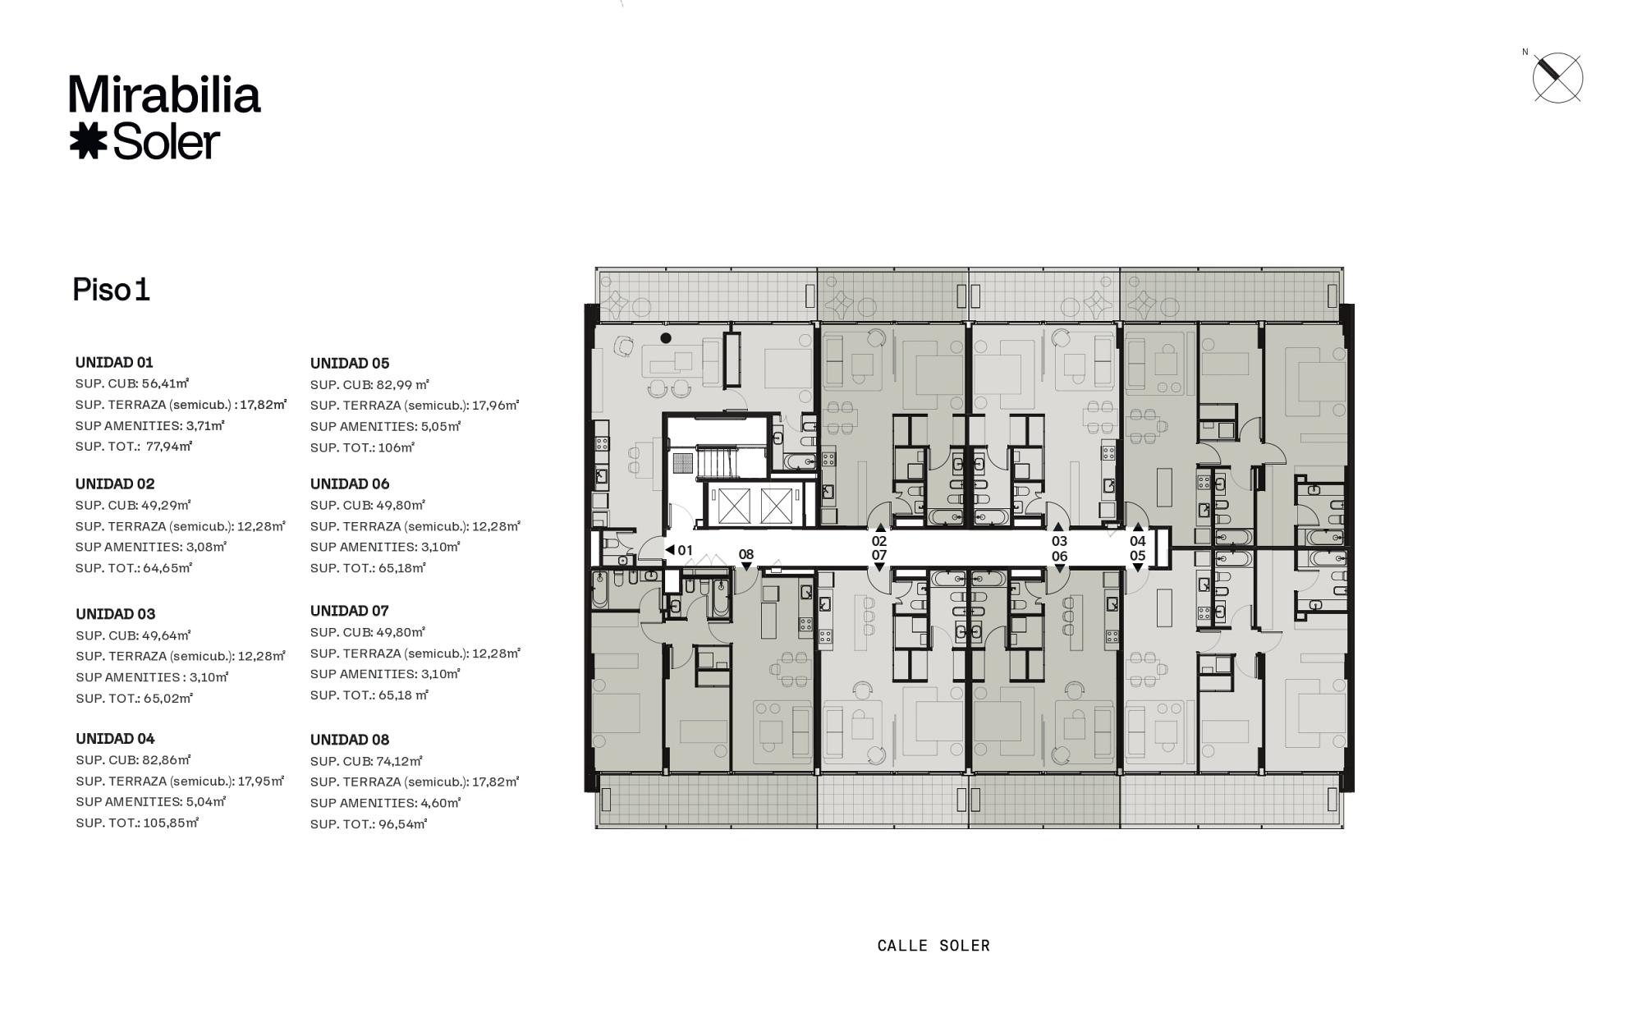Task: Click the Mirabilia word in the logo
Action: click(x=165, y=94)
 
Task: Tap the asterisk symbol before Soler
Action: click(x=88, y=141)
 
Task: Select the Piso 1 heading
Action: click(x=111, y=290)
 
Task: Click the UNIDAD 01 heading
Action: click(x=114, y=362)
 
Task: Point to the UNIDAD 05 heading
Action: click(x=350, y=363)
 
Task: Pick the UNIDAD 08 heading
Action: click(x=350, y=740)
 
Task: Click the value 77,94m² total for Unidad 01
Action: click(x=169, y=446)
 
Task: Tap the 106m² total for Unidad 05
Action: click(x=397, y=447)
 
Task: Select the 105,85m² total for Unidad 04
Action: click(x=171, y=822)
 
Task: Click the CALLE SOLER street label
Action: click(x=933, y=946)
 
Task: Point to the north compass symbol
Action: click(x=1557, y=78)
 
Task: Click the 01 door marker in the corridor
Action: click(x=679, y=550)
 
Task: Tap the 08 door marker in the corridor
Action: click(x=745, y=557)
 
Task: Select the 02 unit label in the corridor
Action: click(x=879, y=541)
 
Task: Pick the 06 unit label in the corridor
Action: click(x=1060, y=556)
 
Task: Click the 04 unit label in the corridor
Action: click(x=1137, y=541)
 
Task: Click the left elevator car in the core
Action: click(x=734, y=505)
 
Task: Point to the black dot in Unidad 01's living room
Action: click(x=666, y=337)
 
